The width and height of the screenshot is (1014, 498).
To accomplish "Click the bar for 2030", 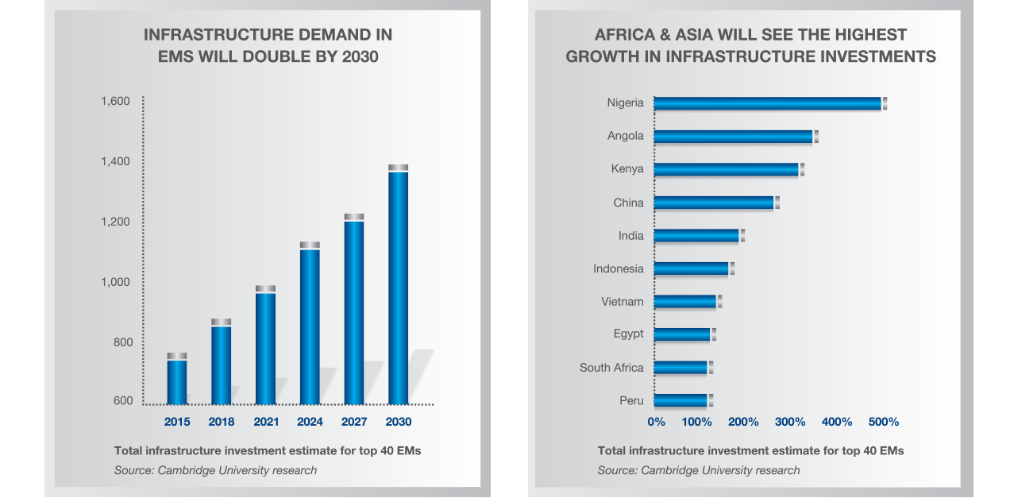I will [398, 286].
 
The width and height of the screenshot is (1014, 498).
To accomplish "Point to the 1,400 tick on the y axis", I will [115, 161].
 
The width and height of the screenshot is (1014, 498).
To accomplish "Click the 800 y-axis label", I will [121, 342].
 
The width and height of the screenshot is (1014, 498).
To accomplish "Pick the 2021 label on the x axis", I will [265, 422].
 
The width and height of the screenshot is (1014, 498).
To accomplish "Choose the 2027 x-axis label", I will [354, 422].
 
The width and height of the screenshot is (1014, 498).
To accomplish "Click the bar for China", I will [715, 203].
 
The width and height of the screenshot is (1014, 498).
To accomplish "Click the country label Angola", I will [626, 136].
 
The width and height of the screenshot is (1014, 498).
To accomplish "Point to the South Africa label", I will [611, 368].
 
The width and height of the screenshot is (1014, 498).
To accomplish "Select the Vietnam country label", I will [623, 302].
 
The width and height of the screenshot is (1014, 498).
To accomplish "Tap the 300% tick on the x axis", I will [791, 422].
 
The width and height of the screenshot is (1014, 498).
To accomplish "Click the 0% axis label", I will [656, 422].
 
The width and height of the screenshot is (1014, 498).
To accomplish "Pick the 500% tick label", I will [883, 422].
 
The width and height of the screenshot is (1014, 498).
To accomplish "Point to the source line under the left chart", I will [215, 470].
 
